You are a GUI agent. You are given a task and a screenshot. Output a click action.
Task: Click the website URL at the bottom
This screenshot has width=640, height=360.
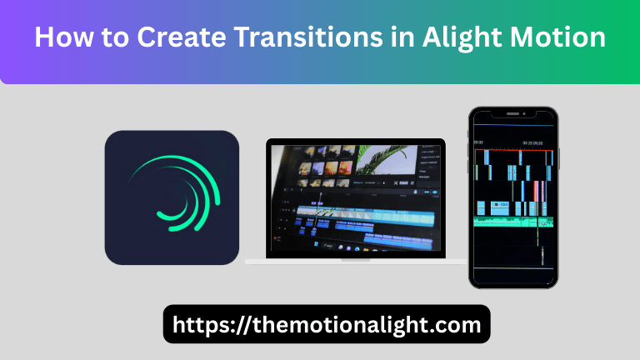tap(327, 324)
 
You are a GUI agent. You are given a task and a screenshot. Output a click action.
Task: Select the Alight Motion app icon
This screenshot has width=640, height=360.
tap(172, 197)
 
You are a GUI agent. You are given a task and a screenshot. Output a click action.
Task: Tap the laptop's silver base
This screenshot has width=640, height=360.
tap(356, 261)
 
